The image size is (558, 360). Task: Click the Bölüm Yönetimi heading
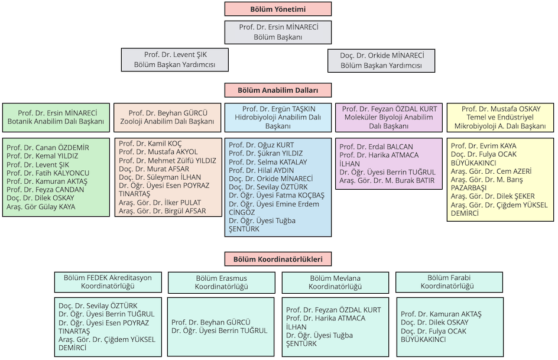278,8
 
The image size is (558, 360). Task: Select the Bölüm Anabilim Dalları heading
278,90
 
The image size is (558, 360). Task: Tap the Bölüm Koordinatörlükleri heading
278,259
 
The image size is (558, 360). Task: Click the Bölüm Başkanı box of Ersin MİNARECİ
278,32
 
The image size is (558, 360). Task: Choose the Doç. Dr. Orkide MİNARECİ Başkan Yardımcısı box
381,60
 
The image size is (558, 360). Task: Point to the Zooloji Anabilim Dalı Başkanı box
167,117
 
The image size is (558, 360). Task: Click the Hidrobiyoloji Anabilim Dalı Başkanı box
278,118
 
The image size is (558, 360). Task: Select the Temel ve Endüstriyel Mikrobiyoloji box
500,118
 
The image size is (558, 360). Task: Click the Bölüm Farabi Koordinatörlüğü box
447,282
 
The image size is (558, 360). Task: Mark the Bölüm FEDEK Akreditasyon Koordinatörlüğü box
108,281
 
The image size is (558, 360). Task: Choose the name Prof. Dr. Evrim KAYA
484,145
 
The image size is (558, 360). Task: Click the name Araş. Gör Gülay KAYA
41,206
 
